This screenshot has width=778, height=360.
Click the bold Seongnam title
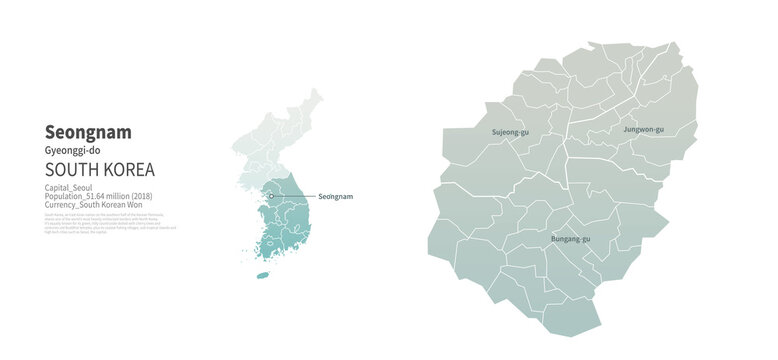(88, 132)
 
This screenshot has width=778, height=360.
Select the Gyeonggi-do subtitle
(73, 150)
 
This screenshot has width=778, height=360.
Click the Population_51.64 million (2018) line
(105, 197)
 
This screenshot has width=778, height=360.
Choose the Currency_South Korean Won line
(99, 206)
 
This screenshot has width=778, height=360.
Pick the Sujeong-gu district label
(511, 132)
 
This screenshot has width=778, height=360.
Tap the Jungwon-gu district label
(643, 130)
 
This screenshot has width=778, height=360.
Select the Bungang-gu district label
(570, 240)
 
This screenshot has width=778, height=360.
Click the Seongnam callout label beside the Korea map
(335, 197)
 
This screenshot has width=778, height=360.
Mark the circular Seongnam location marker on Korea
(270, 197)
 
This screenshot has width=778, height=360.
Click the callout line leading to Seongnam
(294, 197)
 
